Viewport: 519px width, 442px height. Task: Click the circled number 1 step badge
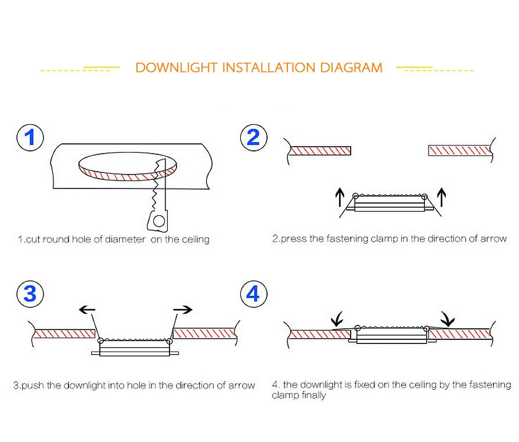(x=30, y=138)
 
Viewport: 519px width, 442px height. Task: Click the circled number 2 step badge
(x=253, y=138)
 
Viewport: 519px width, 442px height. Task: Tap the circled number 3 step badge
(x=30, y=294)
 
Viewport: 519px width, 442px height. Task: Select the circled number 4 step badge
(x=253, y=294)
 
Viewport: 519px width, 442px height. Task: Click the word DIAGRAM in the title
(x=351, y=68)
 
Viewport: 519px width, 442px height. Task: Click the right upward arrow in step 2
(x=441, y=197)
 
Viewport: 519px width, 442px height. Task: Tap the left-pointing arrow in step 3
(x=87, y=310)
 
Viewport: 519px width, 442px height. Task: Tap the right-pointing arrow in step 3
(x=183, y=310)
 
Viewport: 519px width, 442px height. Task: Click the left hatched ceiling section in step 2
(x=320, y=151)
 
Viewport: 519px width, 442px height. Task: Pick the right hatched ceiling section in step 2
(x=459, y=151)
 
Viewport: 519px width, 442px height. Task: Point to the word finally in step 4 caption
(x=313, y=396)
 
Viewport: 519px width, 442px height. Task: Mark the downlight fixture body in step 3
(x=135, y=349)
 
